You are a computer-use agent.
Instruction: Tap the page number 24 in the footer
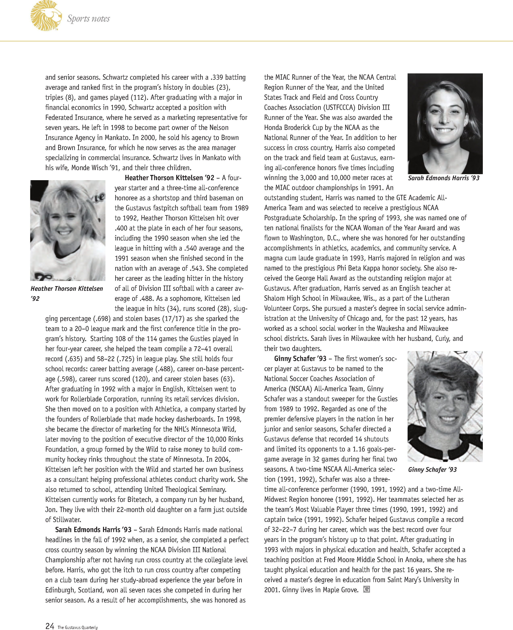pos(50,626)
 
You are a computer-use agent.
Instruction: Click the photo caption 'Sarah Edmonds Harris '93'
pos(444,178)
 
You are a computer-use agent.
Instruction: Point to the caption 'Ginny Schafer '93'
pos(432,469)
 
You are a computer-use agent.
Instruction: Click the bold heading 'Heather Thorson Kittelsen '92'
pos(169,178)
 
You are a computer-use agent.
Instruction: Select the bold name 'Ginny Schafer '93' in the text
pos(300,359)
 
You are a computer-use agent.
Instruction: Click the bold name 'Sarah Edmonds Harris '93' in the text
pos(93,530)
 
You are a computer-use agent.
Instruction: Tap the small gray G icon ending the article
pos(366,589)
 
